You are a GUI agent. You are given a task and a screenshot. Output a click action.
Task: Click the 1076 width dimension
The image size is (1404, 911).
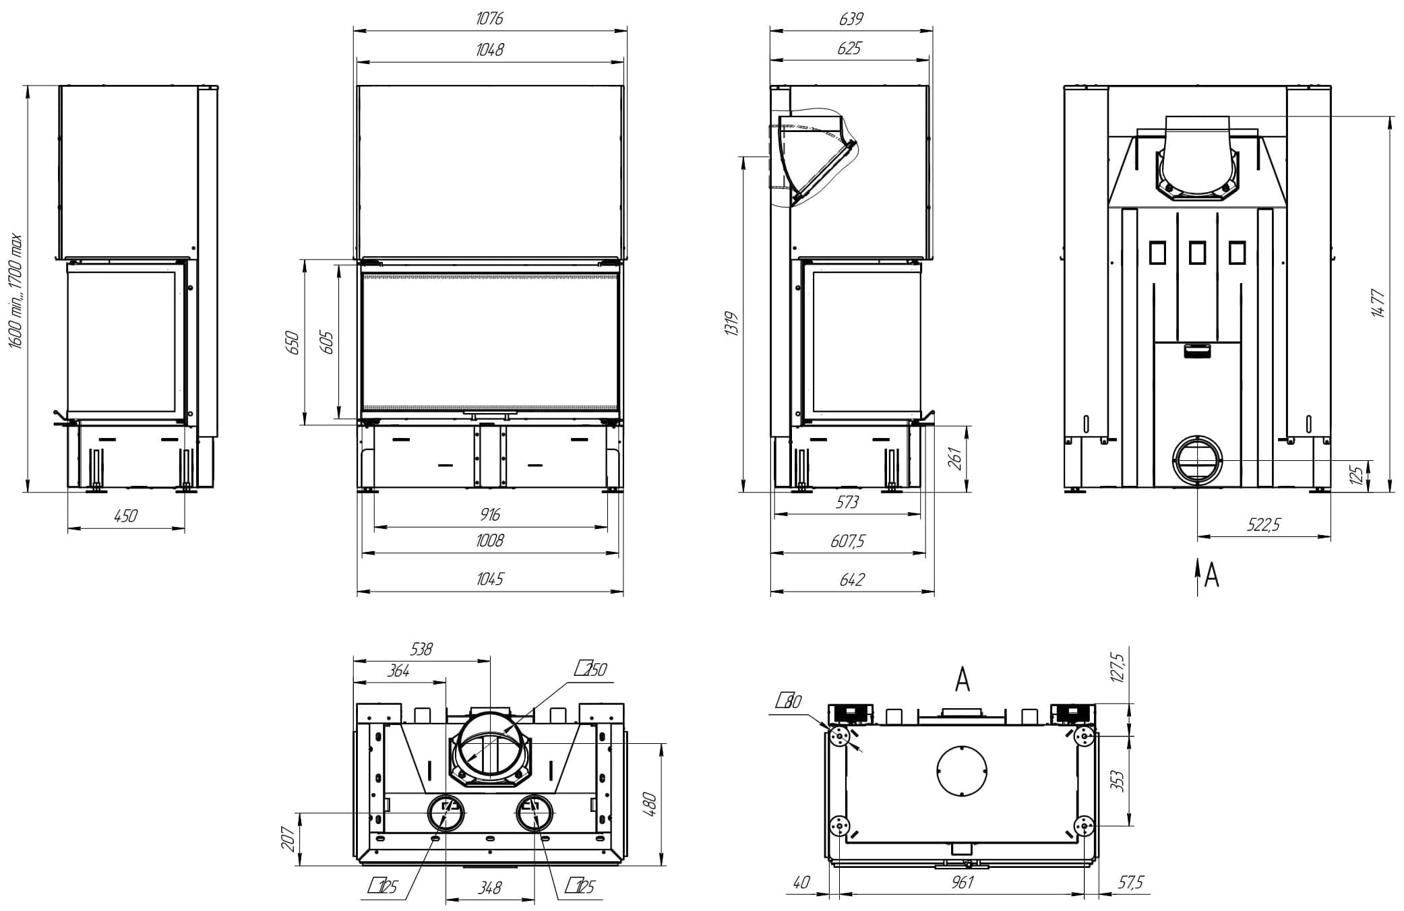(x=489, y=19)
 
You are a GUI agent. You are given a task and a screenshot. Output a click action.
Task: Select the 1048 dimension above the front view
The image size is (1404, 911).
(x=489, y=50)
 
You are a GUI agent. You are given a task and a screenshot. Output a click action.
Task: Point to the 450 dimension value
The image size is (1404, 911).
(x=125, y=516)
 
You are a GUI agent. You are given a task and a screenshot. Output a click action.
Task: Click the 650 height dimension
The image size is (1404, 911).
(x=292, y=343)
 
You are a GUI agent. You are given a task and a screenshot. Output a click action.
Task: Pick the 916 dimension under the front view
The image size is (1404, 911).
(x=490, y=515)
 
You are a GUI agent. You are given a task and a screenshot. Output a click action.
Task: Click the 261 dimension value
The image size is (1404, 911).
(x=955, y=459)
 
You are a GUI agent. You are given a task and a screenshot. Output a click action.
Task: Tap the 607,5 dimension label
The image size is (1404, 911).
(x=848, y=541)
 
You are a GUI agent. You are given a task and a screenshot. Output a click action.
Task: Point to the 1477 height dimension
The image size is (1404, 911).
(x=1378, y=303)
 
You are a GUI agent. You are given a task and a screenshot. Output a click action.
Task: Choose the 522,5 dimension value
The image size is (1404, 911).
(x=1263, y=525)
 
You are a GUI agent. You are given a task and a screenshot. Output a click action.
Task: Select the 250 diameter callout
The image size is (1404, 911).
(x=591, y=669)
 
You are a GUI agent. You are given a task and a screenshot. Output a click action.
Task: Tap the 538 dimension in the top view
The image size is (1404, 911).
(x=421, y=649)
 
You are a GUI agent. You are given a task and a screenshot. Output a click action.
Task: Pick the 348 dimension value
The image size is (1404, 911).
(x=490, y=888)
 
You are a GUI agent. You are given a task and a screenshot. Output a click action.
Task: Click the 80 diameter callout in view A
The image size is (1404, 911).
(x=789, y=701)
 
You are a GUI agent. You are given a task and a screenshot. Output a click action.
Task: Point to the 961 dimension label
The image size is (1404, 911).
(x=962, y=882)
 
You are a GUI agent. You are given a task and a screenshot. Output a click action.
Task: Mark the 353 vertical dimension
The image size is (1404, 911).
(x=1117, y=780)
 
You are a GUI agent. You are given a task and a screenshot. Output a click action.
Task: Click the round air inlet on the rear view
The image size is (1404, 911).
(x=1197, y=460)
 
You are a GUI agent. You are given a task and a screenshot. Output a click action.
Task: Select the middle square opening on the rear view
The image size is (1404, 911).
(x=1197, y=253)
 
